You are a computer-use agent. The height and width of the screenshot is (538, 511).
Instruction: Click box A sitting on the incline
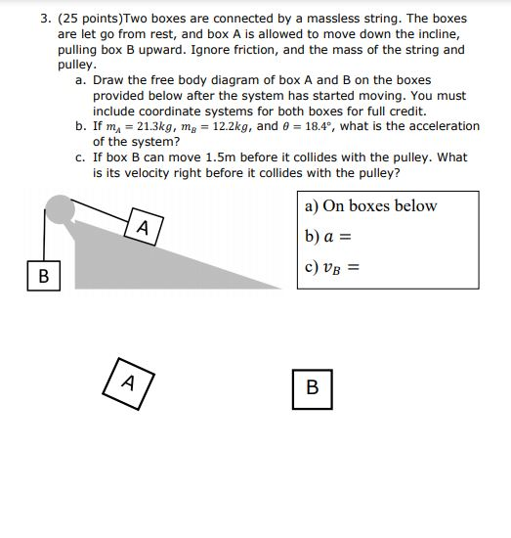pos(142,228)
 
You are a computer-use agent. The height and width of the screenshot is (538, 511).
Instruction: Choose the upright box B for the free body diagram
pos(312,387)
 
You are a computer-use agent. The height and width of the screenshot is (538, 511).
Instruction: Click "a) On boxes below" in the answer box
pos(370,205)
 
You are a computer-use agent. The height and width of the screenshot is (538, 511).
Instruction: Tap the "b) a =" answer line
pos(327,236)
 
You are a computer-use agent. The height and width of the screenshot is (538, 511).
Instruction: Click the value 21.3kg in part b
pos(148,126)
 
